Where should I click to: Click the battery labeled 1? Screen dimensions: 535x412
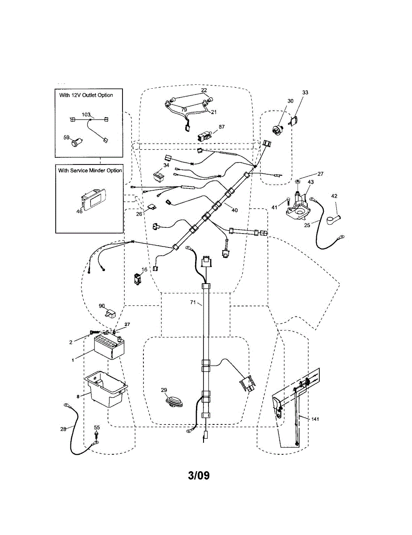[110, 348]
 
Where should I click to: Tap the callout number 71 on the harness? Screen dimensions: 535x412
[193, 303]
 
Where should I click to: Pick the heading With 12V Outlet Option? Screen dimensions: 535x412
[86, 95]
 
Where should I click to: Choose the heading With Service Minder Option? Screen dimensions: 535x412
[90, 171]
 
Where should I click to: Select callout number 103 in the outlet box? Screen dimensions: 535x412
[86, 115]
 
